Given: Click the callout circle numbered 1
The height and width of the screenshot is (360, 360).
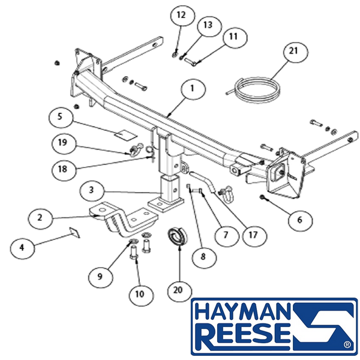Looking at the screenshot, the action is (x=193, y=89).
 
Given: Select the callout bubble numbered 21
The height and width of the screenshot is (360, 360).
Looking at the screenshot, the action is (x=295, y=52).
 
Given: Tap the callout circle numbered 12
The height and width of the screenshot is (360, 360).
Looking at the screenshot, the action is (x=182, y=16).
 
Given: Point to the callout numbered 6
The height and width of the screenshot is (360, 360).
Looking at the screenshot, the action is (x=300, y=220).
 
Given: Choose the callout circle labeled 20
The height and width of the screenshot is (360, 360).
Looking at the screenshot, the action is (x=179, y=290).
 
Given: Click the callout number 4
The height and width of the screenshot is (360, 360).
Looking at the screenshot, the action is (x=22, y=247).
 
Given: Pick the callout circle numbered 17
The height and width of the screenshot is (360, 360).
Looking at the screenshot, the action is (x=253, y=235).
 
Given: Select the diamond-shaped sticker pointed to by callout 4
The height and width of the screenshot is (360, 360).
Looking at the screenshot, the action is (x=74, y=233).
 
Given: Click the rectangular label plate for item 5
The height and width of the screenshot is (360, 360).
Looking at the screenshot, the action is (x=126, y=135).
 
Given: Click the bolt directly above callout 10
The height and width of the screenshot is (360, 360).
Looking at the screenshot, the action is (x=134, y=252).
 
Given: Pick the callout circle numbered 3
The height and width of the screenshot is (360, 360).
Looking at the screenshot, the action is (x=92, y=190).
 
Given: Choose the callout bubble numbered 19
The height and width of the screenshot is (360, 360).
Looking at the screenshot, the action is (x=63, y=143).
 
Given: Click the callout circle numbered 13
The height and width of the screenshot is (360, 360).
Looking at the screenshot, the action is (x=209, y=25).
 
